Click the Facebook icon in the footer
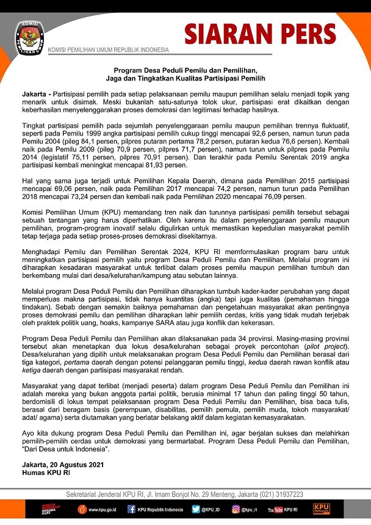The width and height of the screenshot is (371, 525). pyautogui.click(x=131, y=509)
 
